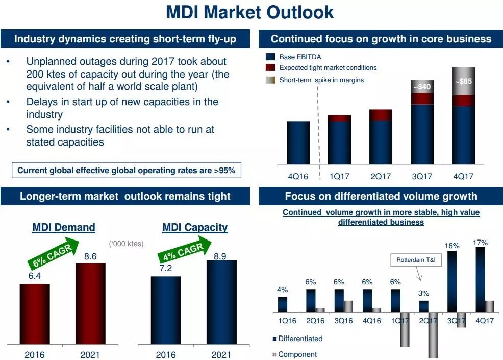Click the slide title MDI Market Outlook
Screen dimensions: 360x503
tap(250, 12)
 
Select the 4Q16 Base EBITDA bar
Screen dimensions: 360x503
tap(298, 143)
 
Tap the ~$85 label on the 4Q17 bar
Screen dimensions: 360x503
tap(463, 81)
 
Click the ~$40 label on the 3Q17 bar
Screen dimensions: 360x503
tap(422, 87)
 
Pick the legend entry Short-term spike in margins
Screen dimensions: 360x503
tap(321, 80)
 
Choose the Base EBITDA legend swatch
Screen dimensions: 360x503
tap(270, 57)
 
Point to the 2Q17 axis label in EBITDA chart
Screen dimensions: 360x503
tap(381, 177)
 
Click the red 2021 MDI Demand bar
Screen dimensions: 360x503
tap(90, 304)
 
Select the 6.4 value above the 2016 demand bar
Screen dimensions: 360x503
tap(35, 276)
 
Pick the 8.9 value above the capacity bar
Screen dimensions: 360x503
tap(220, 257)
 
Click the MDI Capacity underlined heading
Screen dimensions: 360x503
tap(195, 227)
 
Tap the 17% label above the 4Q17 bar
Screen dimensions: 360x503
tap(480, 243)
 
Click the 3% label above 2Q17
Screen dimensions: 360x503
tap(423, 294)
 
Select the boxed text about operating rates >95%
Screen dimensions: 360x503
tap(126, 171)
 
